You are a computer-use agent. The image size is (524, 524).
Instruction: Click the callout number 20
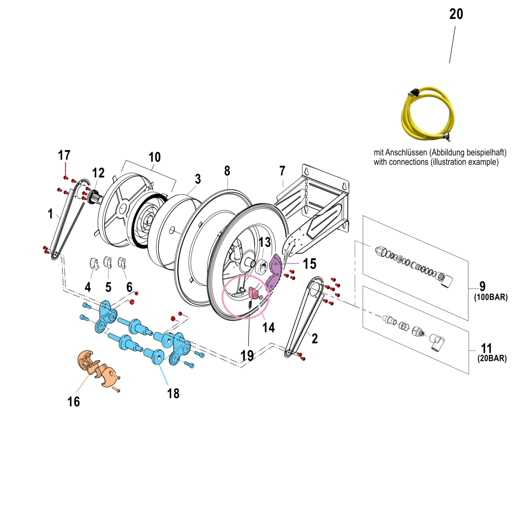(456, 14)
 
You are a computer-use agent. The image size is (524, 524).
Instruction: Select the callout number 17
(64, 156)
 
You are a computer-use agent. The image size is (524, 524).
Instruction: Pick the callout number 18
(173, 393)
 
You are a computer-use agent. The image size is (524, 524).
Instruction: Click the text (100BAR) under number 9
(491, 298)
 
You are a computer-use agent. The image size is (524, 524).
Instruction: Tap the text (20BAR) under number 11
(492, 359)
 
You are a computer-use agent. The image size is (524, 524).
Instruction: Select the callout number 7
(282, 171)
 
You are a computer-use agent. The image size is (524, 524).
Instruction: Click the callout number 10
(154, 157)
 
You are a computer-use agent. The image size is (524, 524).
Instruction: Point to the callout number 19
(247, 356)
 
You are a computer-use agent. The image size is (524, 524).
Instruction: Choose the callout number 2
(314, 339)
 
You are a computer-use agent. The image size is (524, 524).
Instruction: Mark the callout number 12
(98, 173)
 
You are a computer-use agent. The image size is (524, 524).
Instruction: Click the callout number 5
(108, 287)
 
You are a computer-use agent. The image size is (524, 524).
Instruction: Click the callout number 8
(227, 171)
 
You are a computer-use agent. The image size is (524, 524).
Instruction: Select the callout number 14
(269, 327)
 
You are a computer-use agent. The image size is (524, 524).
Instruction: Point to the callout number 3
(198, 179)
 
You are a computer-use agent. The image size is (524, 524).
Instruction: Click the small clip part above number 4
(94, 264)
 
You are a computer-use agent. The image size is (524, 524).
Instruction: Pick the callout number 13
(265, 242)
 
